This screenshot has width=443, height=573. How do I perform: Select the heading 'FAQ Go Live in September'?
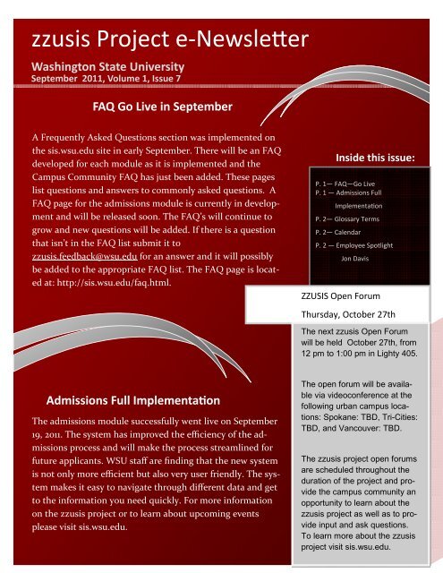163,108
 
